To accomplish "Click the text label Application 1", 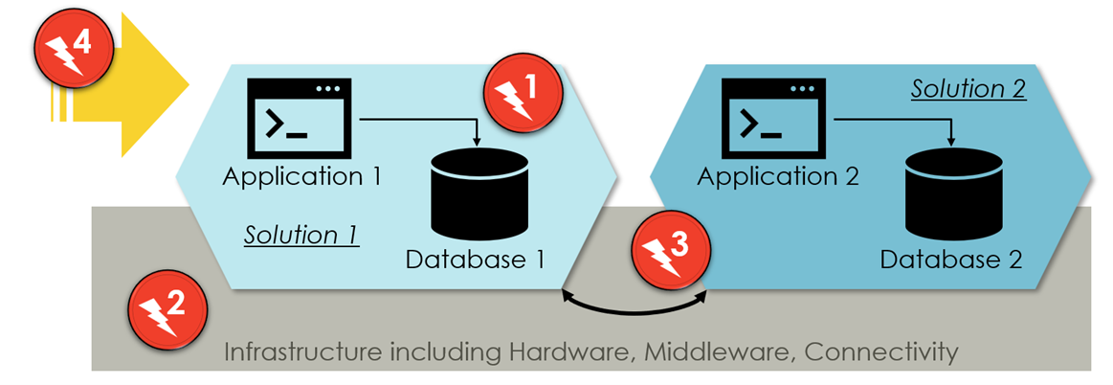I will (302, 176).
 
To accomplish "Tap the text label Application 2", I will (777, 176).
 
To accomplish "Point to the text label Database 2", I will (951, 259).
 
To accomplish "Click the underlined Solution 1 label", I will (301, 235).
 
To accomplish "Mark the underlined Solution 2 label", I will (968, 89).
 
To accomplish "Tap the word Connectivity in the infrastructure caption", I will (880, 351).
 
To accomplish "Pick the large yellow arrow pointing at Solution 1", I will (144, 86).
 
